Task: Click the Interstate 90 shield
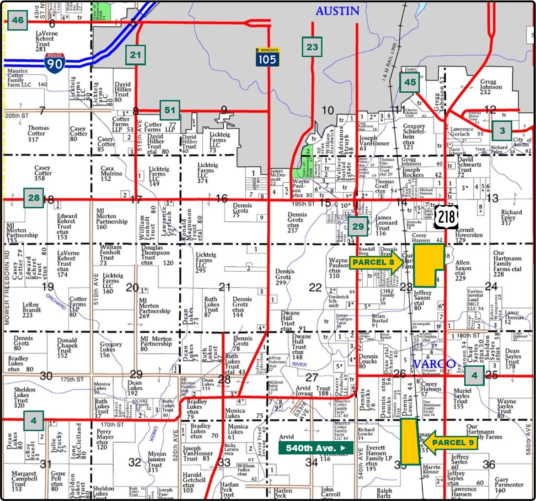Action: [x=55, y=62]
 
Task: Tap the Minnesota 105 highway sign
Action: [x=267, y=57]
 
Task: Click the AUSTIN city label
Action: [x=338, y=11]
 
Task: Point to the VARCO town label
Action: [x=434, y=364]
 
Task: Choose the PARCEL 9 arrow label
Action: [x=450, y=442]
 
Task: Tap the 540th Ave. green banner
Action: [x=316, y=448]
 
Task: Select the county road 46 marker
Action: [x=18, y=20]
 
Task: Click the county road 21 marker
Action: [x=135, y=55]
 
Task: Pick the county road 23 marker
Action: [x=312, y=47]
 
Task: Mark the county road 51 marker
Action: [x=170, y=110]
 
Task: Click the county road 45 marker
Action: [x=410, y=82]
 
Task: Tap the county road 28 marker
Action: [x=34, y=198]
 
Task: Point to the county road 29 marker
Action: [x=358, y=226]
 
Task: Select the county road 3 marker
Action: [x=502, y=131]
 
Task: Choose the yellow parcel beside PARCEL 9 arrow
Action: [x=409, y=441]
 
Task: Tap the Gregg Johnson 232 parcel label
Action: [x=491, y=87]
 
